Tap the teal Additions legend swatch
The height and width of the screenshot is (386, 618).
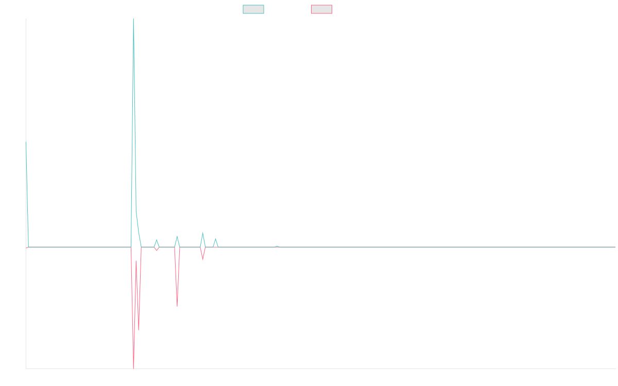point(253,9)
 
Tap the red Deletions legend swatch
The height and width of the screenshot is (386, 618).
point(321,9)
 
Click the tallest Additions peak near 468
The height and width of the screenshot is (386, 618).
point(133,21)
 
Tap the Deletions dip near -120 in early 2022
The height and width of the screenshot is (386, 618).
point(177,306)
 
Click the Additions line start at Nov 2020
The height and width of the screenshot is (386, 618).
point(26,142)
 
